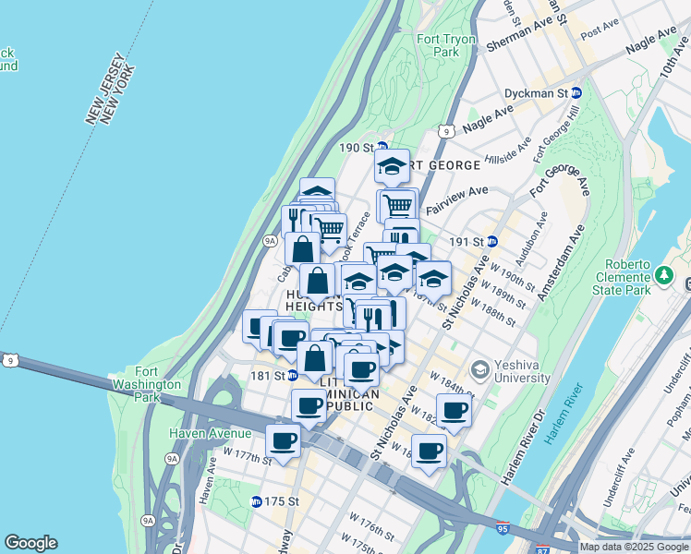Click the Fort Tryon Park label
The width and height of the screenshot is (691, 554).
(x=438, y=45)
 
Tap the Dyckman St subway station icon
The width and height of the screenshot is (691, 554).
(x=576, y=93)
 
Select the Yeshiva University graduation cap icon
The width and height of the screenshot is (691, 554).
(x=479, y=370)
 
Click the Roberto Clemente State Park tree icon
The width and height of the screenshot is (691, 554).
(x=663, y=275)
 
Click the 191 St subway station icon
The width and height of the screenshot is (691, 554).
(x=492, y=241)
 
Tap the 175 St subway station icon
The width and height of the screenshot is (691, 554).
(x=256, y=501)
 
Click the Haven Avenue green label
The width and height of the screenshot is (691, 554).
(x=210, y=433)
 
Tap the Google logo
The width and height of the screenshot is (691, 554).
(x=30, y=543)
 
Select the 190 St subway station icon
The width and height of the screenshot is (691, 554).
(x=381, y=148)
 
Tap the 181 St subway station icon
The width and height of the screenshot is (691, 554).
(x=292, y=375)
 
